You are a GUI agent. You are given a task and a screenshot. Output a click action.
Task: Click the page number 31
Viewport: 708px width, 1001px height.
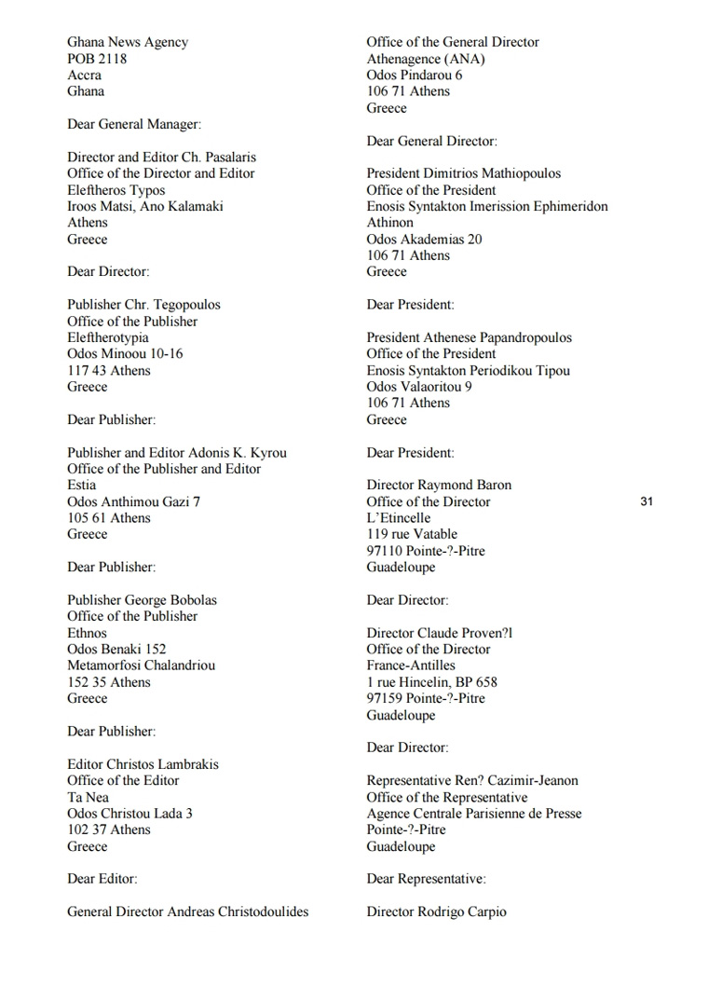(647, 501)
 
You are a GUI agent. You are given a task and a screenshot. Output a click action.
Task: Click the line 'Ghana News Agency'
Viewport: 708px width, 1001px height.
(127, 42)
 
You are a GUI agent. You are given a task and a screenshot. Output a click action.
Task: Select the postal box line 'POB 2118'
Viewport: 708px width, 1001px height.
(97, 59)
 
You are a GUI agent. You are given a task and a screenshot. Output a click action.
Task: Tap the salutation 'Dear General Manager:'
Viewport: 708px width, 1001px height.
(133, 124)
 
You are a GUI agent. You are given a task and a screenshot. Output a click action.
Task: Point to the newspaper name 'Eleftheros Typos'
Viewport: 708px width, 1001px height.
(116, 190)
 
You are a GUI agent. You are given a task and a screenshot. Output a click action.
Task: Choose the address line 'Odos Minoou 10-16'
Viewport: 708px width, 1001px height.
(125, 354)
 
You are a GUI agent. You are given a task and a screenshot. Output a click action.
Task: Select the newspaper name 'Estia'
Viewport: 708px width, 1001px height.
(81, 486)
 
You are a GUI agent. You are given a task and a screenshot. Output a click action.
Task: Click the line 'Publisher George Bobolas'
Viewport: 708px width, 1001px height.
(142, 600)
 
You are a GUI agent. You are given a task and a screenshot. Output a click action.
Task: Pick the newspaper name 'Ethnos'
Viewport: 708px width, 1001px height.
(87, 633)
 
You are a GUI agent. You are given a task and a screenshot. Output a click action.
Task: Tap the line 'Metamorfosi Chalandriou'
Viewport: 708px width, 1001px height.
(141, 665)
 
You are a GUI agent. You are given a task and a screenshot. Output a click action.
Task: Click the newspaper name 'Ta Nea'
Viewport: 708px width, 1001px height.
(88, 797)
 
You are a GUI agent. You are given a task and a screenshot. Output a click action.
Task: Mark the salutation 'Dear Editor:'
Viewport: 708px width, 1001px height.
(102, 879)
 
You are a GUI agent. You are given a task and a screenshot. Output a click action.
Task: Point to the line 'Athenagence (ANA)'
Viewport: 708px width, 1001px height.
(426, 59)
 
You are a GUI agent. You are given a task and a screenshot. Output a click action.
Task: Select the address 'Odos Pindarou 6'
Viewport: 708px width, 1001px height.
(414, 75)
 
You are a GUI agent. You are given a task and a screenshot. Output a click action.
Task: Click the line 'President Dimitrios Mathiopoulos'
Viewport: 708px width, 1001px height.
(463, 173)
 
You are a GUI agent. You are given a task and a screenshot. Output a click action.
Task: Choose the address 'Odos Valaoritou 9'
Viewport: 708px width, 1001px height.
(419, 387)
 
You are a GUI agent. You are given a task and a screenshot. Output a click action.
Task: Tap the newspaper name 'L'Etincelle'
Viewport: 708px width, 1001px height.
(399, 518)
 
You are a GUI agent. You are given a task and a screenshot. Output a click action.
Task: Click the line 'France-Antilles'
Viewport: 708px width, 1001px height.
(411, 665)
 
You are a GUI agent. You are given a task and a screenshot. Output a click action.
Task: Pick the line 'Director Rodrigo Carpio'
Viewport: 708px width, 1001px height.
(436, 912)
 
